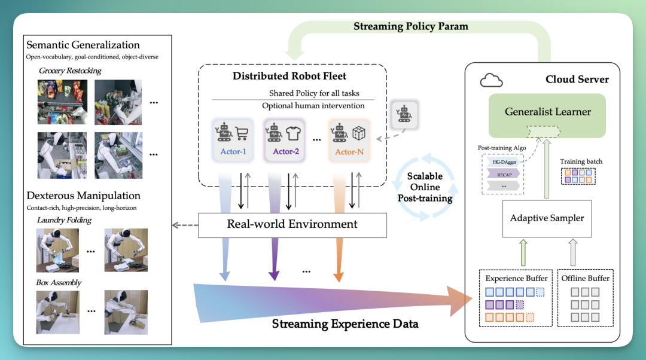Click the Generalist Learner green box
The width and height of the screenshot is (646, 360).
pos(547,115)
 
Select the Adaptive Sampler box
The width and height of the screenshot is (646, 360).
pos(547,218)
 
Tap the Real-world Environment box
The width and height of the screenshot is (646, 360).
pos(292,225)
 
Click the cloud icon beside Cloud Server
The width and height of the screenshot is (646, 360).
pos(492,80)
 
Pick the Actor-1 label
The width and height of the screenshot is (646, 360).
pos(233,151)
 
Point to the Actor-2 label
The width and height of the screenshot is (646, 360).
pos(286,151)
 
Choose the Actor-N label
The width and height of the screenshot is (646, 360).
pos(349,152)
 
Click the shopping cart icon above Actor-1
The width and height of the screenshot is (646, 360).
pos(242,133)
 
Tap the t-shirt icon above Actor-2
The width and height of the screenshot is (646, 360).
pos(293,133)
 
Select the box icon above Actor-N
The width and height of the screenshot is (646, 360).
pos(359,133)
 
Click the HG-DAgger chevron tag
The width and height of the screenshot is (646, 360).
pos(502,162)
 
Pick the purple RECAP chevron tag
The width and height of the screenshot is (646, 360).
pos(503,175)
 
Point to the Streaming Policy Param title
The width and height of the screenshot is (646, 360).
pos(411,26)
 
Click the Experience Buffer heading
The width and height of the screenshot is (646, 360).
pos(516,279)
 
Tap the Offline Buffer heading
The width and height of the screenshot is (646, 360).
pos(586,279)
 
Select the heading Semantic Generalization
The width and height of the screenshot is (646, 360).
pos(83,44)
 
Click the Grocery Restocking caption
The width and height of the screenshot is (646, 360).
pos(70,71)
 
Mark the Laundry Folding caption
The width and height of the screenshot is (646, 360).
pos(64,221)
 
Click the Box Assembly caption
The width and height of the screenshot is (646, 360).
pos(59,283)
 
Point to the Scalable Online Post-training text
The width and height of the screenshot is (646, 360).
pos(425,187)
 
